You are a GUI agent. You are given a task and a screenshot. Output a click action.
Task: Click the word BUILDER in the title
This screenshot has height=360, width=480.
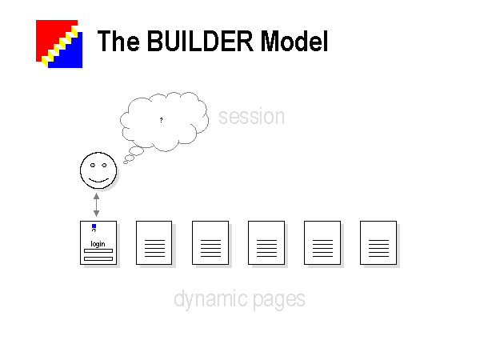coord(200,41)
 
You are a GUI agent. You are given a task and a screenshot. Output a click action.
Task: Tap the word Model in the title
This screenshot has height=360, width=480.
coord(294,41)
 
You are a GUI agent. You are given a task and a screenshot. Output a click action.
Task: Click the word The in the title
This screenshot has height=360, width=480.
coord(118,41)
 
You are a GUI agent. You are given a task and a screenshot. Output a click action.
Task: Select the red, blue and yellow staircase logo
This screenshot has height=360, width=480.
coord(59,44)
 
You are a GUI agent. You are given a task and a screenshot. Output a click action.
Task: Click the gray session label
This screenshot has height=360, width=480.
coord(252,117)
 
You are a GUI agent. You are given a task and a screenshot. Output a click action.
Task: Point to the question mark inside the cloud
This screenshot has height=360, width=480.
coord(162,120)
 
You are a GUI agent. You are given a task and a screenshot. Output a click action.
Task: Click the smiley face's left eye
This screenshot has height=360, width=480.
coord(93,166)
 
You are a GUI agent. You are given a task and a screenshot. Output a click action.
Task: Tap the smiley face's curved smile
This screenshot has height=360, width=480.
coord(99,180)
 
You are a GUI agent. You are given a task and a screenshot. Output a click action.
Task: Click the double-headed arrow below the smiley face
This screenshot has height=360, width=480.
coord(97,205)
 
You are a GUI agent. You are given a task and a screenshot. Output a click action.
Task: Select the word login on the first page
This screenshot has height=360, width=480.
coord(98,244)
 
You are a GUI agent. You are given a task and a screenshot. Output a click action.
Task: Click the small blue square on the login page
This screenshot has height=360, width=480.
coord(94,226)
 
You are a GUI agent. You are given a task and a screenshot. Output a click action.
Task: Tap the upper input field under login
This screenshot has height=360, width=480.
coord(98,250)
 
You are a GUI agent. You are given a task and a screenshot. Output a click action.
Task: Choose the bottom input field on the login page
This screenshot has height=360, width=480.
coord(98,258)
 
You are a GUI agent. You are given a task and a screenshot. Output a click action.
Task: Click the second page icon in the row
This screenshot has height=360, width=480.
coord(154,242)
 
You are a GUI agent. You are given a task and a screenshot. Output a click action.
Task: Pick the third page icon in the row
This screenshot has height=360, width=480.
coord(210,242)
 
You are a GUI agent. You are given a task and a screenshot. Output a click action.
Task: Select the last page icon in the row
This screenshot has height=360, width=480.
coord(378,242)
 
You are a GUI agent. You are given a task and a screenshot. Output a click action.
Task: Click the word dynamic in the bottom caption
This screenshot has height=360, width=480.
coord(210,299)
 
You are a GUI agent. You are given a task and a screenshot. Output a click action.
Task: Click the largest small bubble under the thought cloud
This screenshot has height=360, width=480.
coord(136,150)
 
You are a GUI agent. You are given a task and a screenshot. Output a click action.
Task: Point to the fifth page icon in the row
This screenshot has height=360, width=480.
coord(322,242)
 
